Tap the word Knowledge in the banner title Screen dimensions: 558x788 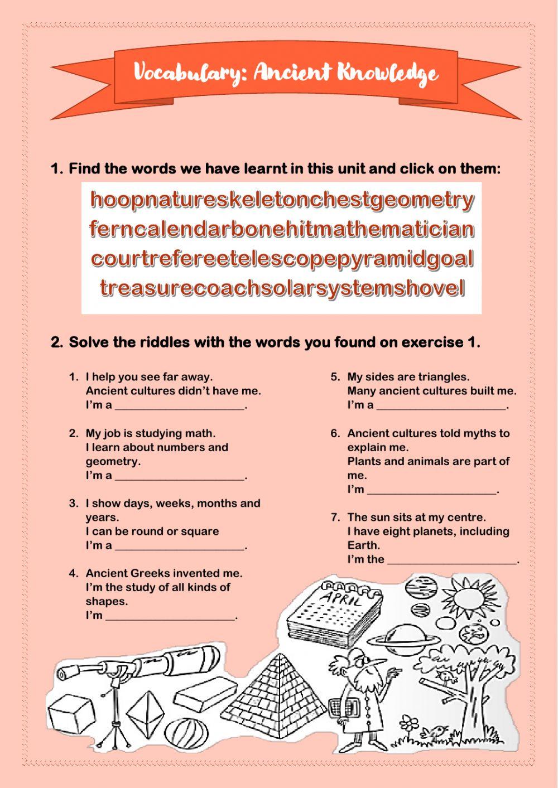[x=387, y=74]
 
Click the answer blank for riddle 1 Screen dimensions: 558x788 [x=180, y=409]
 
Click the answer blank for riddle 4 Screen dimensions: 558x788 [x=170, y=620]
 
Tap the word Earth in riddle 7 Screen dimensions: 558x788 [x=364, y=545]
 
